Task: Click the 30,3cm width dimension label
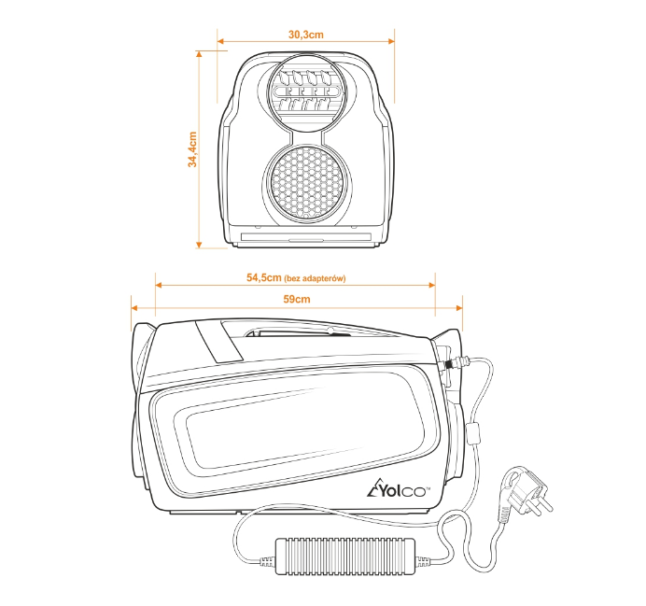pos(305,35)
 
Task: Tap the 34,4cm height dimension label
pos(192,149)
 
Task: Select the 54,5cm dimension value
pos(263,277)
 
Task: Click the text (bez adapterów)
pos(315,278)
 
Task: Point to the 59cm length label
pos(297,299)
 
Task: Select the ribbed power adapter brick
pos(344,556)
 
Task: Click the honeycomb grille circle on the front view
pos(308,183)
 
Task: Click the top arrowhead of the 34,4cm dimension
pos(199,54)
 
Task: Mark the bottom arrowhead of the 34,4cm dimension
pos(199,245)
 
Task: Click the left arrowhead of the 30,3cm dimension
pos(221,41)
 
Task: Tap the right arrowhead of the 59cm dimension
pos(458,308)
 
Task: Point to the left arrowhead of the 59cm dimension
pos(134,308)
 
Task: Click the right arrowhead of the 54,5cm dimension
pos(432,285)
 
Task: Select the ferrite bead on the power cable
pos(474,433)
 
